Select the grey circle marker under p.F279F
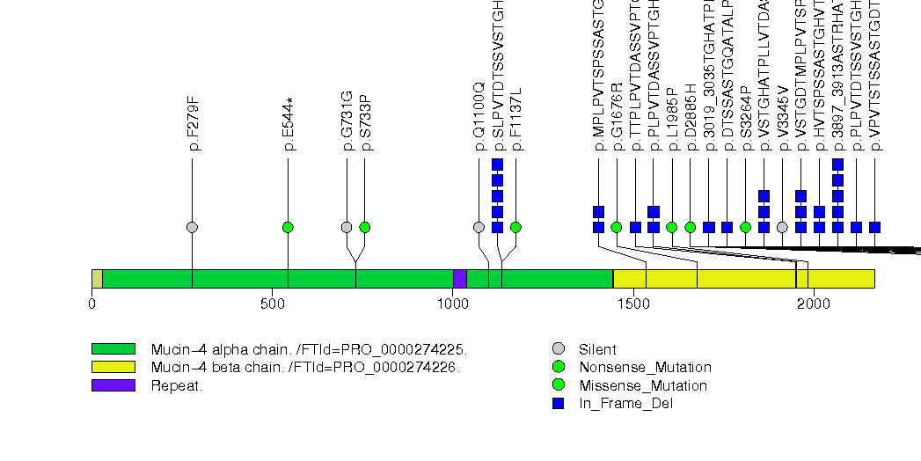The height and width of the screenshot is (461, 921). pyautogui.click(x=193, y=227)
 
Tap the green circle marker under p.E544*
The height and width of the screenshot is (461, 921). pyautogui.click(x=288, y=227)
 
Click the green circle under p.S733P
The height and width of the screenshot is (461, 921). pyautogui.click(x=364, y=227)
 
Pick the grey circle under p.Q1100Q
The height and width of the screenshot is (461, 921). pyautogui.click(x=479, y=227)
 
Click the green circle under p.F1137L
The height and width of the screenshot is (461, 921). pyautogui.click(x=515, y=227)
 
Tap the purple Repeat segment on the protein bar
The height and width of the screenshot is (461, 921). pyautogui.click(x=459, y=279)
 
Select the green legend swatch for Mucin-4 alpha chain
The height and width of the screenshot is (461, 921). pyautogui.click(x=113, y=348)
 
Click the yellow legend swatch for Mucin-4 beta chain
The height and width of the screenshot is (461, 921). pyautogui.click(x=113, y=367)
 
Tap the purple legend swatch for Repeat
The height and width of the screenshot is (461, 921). pyautogui.click(x=113, y=385)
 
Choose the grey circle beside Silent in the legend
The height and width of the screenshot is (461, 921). pyautogui.click(x=557, y=349)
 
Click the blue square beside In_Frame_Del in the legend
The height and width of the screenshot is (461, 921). pyautogui.click(x=557, y=404)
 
